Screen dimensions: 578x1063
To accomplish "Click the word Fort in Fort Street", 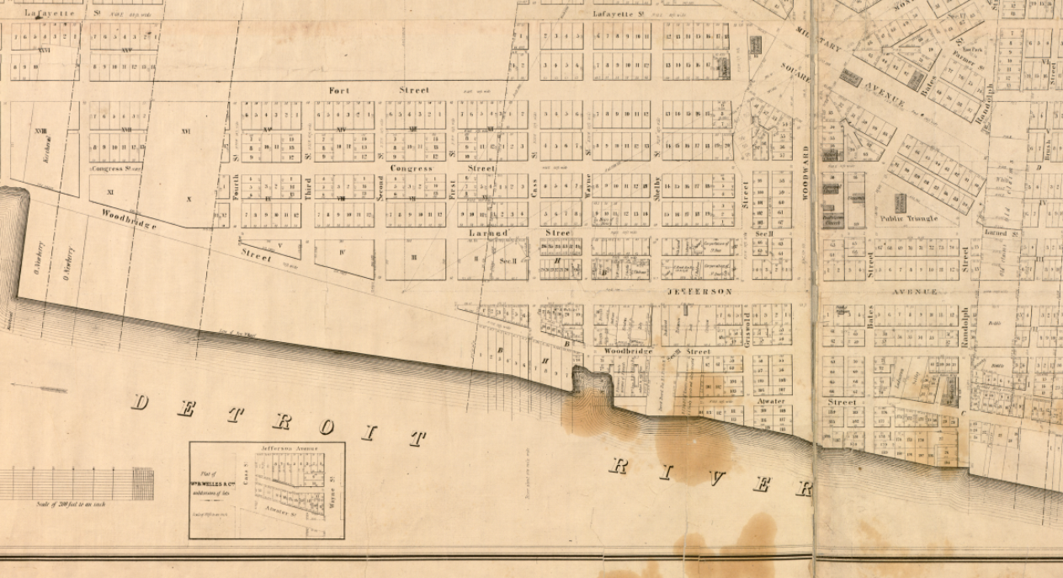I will point(338,89).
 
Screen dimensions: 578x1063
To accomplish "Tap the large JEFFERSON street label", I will point(699,292).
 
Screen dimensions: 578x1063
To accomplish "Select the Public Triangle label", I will point(908,218).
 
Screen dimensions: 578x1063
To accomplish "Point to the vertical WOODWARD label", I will point(805,172).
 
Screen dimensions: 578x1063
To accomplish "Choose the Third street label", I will point(308,187).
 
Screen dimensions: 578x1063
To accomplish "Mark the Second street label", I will point(380,187).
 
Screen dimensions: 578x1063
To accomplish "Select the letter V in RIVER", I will point(718,478).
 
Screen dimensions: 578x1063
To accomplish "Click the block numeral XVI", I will point(186,131).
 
